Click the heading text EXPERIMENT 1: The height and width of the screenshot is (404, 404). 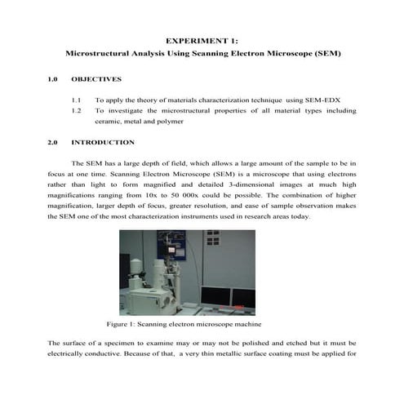[x=202, y=38]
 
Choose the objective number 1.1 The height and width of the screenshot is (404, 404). [x=78, y=99]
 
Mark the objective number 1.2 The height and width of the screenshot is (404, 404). [x=78, y=109]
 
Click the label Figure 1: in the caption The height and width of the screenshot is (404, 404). [x=125, y=324]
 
